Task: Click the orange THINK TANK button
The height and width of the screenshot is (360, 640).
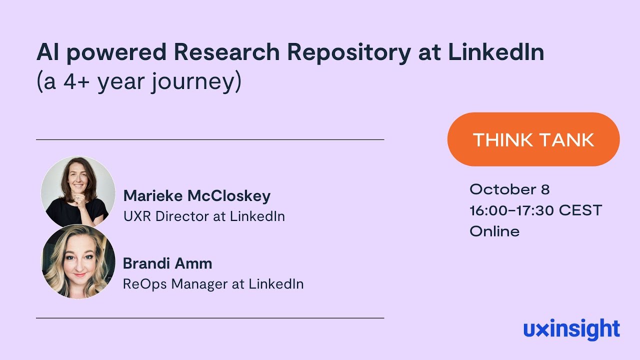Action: (x=533, y=139)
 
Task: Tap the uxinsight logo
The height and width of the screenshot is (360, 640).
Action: (x=571, y=330)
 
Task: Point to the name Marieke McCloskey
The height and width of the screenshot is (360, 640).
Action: (x=197, y=195)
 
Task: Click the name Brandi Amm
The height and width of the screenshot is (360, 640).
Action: (x=167, y=263)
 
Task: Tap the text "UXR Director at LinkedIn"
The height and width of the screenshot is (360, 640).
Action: (x=204, y=216)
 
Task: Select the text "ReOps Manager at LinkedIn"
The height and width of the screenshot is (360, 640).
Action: (x=213, y=284)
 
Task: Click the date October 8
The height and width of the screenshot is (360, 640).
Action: (x=509, y=189)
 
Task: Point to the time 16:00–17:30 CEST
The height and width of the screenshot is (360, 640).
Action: (x=535, y=210)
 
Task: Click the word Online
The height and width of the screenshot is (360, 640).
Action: (x=494, y=231)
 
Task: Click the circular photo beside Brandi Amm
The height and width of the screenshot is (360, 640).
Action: (x=78, y=261)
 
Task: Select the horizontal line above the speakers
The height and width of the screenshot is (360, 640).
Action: (x=210, y=139)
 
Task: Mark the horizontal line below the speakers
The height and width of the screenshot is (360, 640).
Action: (x=210, y=318)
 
